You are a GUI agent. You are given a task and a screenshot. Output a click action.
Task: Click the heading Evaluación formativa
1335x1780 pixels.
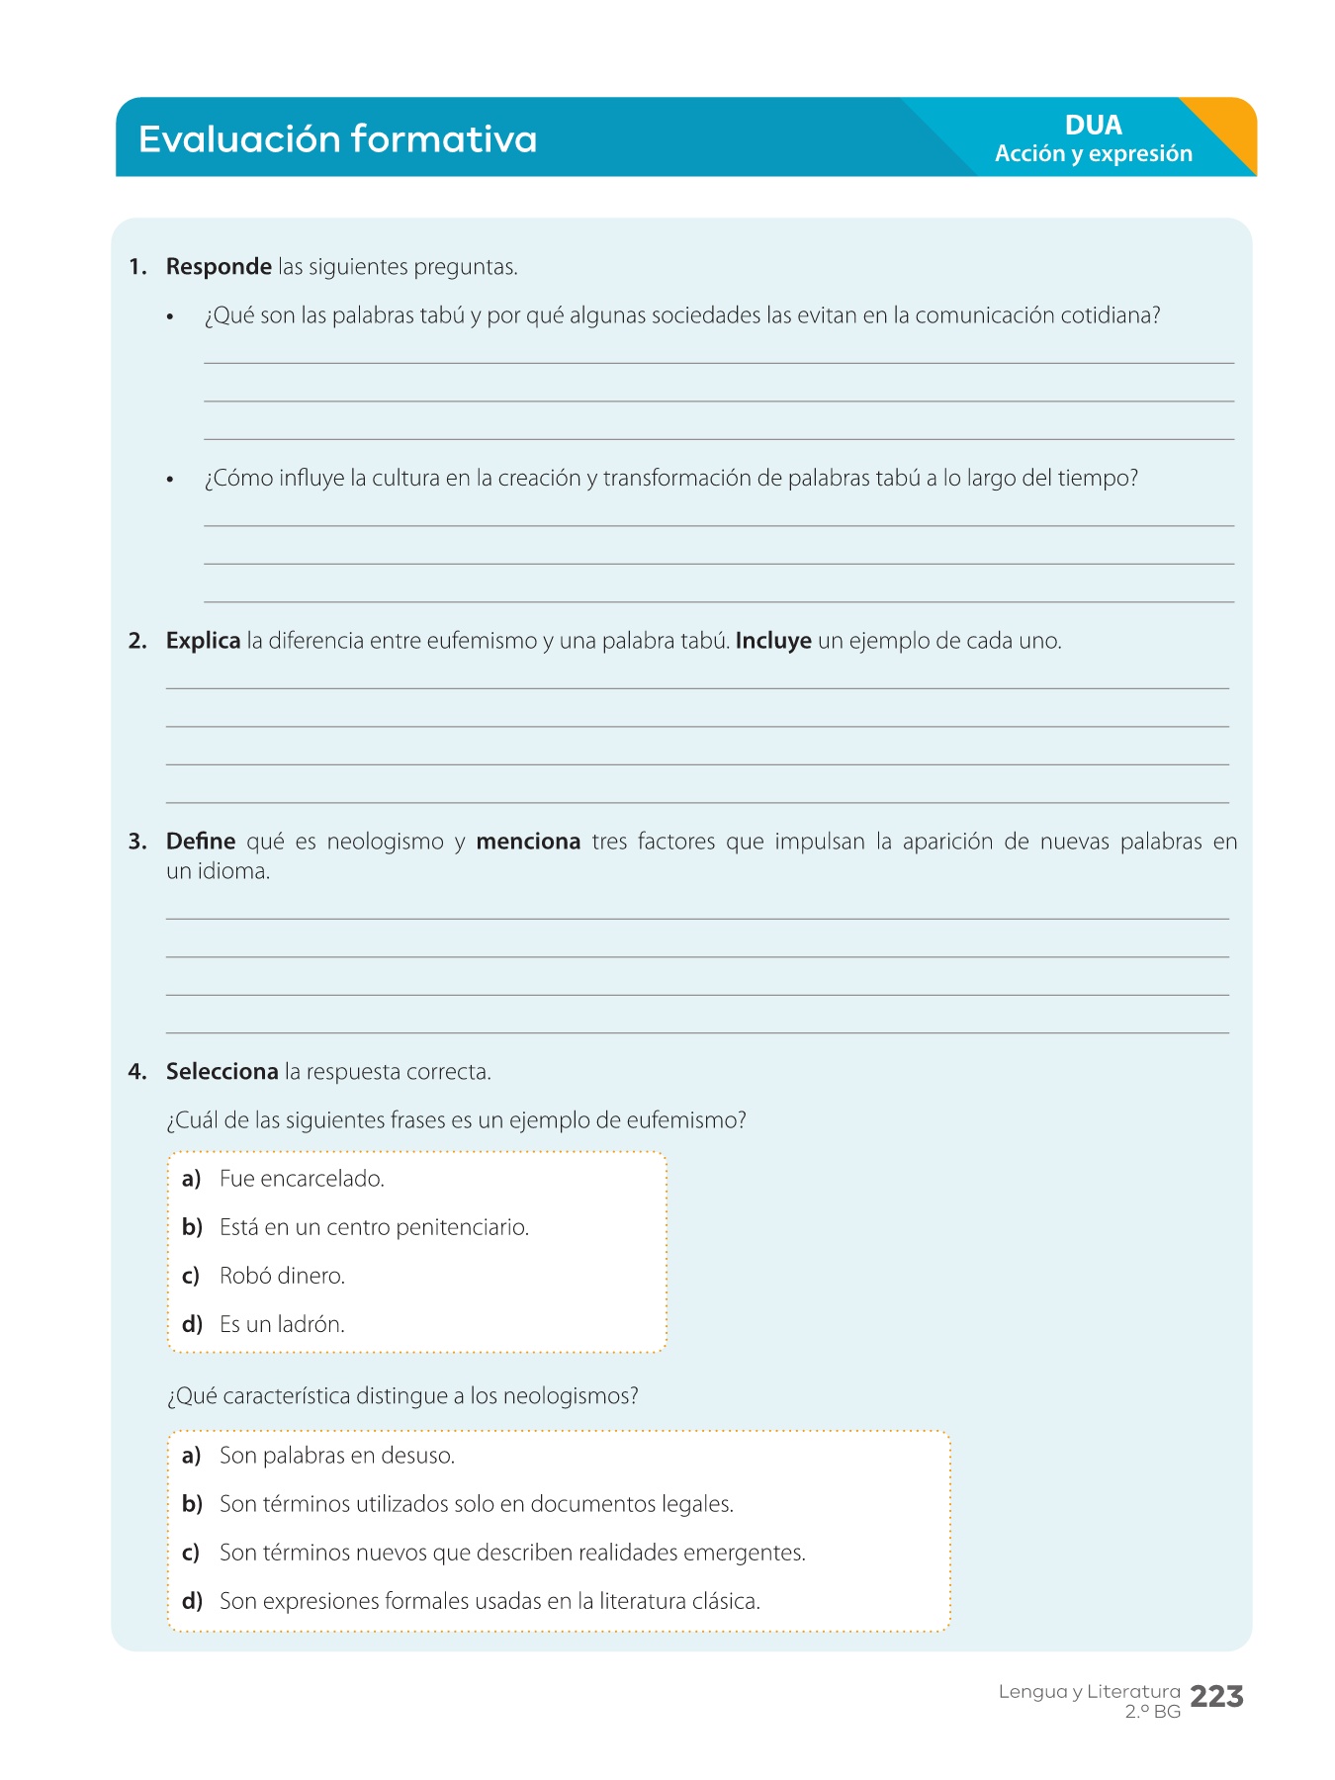tap(337, 139)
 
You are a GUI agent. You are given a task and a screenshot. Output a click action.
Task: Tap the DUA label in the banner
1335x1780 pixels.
tap(1093, 126)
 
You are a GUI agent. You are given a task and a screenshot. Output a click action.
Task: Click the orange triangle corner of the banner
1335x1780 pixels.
tap(1232, 129)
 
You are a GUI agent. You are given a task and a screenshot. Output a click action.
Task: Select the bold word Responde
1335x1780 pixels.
tap(219, 267)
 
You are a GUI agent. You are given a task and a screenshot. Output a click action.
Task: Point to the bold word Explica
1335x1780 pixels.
tap(203, 641)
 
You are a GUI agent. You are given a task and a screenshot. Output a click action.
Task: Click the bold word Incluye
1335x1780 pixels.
tap(773, 641)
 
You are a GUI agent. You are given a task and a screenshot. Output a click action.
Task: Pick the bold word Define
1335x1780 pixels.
tap(201, 842)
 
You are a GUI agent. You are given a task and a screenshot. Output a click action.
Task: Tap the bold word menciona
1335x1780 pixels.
tap(528, 842)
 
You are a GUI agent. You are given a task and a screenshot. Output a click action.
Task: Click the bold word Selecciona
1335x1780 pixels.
tap(222, 1072)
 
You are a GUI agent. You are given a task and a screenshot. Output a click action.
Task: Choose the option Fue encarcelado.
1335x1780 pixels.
tap(302, 1179)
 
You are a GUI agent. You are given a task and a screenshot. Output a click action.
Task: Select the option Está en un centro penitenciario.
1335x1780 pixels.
tap(374, 1227)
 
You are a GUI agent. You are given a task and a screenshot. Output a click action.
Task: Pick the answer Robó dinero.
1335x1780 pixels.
tap(282, 1276)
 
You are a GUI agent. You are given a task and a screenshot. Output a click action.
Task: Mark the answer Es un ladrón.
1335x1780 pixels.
tap(282, 1324)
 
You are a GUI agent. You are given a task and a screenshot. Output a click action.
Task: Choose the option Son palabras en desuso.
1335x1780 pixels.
tap(336, 1456)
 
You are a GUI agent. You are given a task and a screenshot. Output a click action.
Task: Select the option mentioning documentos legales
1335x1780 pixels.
tap(476, 1504)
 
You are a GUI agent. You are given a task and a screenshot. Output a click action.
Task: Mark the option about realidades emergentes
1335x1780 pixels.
tap(512, 1553)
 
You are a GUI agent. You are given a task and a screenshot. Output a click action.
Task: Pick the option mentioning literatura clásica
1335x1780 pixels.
tap(489, 1601)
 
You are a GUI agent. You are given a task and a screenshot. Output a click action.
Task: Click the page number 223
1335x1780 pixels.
tap(1216, 1697)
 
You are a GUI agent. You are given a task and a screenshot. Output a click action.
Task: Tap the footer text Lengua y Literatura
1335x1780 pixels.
tap(1089, 1692)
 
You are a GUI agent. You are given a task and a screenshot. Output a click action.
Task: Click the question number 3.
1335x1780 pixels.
tap(136, 842)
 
